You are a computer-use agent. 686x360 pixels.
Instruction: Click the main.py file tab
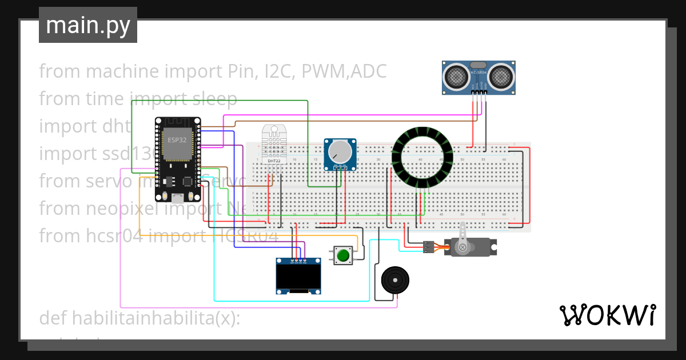(87, 25)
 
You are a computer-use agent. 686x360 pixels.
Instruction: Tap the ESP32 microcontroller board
(178, 159)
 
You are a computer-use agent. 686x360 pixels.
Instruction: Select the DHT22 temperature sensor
(274, 144)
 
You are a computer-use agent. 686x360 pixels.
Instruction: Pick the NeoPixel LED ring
(422, 156)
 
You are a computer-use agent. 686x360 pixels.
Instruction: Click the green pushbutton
(343, 255)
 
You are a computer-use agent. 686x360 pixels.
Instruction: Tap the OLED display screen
(297, 277)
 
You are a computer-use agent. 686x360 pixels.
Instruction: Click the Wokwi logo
(607, 315)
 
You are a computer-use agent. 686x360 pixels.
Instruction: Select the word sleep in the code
(213, 99)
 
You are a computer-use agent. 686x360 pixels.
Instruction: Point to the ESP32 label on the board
(177, 139)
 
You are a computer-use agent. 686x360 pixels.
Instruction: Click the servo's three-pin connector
(428, 247)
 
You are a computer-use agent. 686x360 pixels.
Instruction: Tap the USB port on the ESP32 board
(178, 198)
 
